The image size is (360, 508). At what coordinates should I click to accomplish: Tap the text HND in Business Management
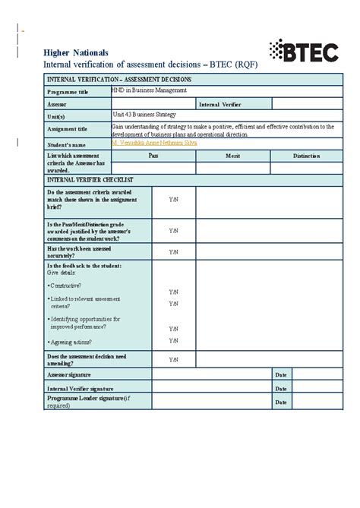(149, 90)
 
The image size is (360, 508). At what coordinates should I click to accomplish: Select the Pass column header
(153, 156)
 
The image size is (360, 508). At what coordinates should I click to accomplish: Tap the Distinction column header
(306, 156)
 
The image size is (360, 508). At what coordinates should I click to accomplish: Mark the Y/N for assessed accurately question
(173, 252)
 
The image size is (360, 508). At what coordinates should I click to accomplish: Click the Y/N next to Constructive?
(173, 292)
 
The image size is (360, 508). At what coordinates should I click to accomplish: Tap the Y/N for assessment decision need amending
(173, 360)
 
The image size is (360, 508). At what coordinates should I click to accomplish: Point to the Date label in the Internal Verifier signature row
(281, 388)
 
